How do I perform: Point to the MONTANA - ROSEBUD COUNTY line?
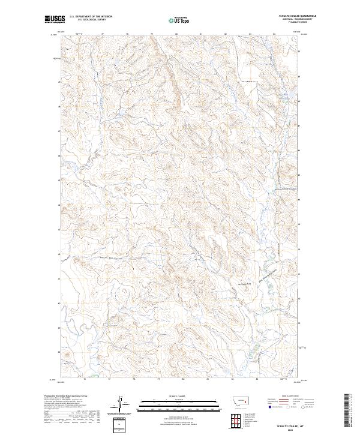(289, 19)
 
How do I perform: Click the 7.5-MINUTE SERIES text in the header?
(289, 22)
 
